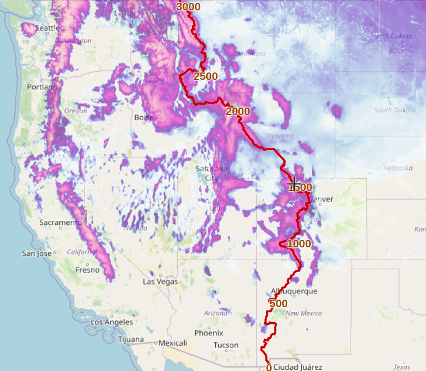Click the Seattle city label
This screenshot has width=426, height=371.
pos(47,28)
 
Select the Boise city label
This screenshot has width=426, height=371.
pos(143,118)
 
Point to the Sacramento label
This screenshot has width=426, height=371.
pos(60,222)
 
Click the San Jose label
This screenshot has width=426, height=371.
pos(37,253)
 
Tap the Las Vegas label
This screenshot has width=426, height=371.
pos(160,282)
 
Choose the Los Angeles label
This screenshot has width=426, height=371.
pos(112,322)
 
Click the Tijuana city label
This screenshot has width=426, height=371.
pos(130,339)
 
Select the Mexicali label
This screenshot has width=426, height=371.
pos(173,343)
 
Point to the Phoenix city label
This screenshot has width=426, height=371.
pos(208,332)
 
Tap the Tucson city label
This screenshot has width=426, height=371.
pos(226,345)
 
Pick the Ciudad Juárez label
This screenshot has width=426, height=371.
pos(298,367)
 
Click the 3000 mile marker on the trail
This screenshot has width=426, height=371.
pos(188,7)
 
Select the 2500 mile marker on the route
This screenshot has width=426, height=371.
pos(206,77)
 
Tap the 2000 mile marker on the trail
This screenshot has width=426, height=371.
pos(238,111)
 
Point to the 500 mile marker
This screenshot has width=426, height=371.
pos(278,304)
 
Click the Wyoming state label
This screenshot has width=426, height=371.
pos(280,136)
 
